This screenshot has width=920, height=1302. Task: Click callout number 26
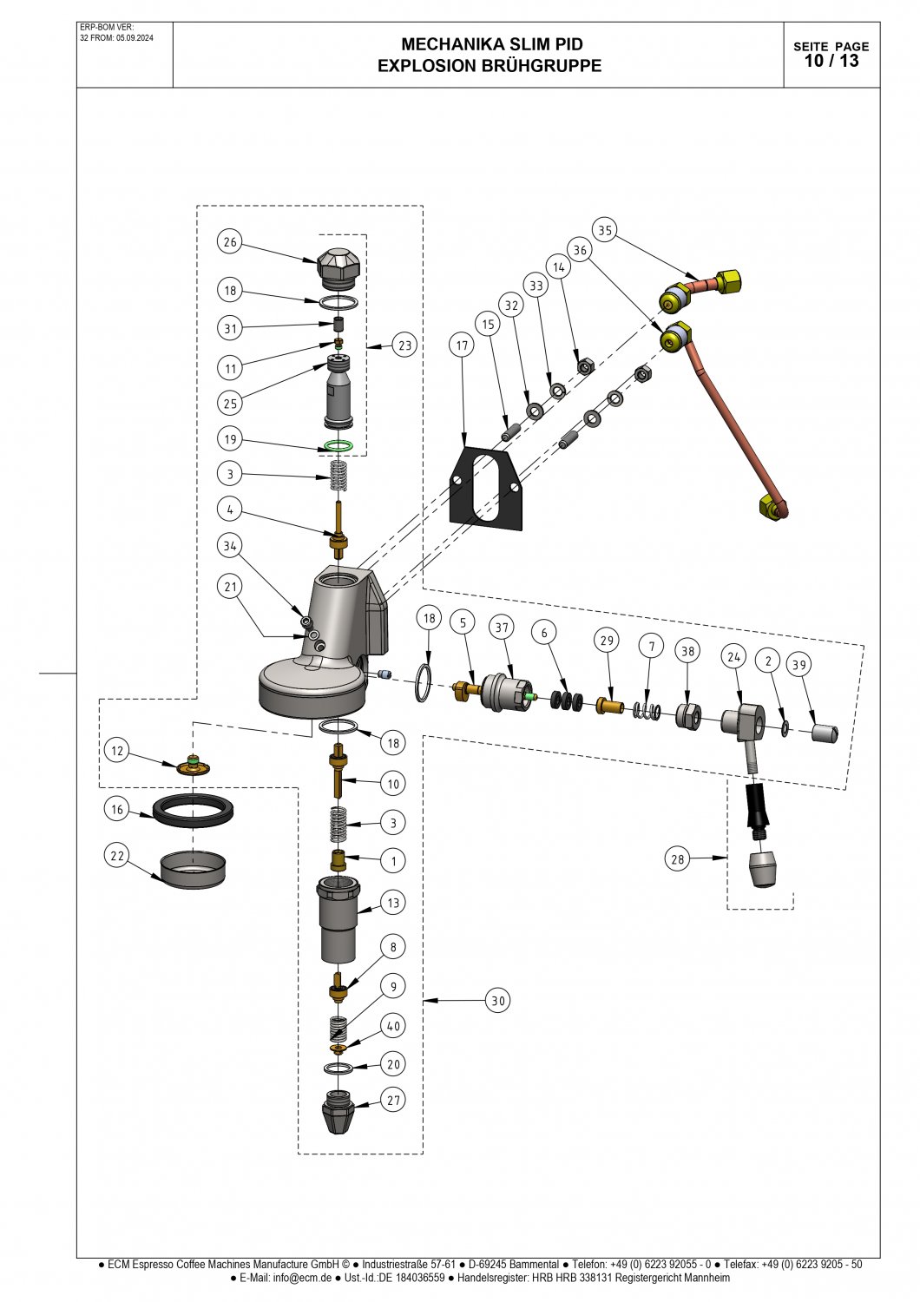tap(230, 242)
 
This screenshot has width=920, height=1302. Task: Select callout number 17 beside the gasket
tap(462, 345)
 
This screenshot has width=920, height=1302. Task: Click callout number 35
tap(605, 230)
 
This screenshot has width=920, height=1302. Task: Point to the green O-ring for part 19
tap(338, 446)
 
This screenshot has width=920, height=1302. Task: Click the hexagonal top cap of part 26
tap(338, 265)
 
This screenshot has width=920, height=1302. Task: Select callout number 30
tap(498, 1000)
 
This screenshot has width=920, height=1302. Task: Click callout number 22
tap(117, 856)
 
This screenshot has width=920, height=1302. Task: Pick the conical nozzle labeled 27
tap(338, 1112)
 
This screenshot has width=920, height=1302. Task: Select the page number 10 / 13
tap(831, 61)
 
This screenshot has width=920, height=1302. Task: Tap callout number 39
tap(799, 664)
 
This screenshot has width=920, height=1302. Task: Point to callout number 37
tap(502, 628)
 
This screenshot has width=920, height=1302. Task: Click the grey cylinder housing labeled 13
tap(338, 921)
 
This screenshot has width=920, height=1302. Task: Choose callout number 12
tap(117, 751)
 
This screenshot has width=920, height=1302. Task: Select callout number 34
tap(229, 545)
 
